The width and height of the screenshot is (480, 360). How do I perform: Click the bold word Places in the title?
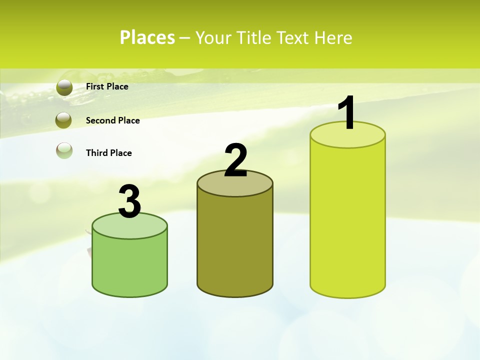147,37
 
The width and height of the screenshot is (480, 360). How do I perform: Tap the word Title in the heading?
253,38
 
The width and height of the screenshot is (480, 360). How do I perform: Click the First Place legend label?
107,86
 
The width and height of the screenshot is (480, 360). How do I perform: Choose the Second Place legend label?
112,120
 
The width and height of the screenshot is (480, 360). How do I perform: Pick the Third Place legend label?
108,153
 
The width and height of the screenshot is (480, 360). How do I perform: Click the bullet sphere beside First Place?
64,87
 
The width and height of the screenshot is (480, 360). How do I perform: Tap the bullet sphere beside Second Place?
64,120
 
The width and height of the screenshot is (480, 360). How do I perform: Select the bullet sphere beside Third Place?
64,150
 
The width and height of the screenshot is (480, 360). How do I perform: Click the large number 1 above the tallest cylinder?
347,113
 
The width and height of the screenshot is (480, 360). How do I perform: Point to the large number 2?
236,160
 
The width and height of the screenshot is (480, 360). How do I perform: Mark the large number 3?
130,201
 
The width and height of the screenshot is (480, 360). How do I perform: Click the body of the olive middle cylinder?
235,245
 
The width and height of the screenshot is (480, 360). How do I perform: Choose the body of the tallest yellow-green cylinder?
347,220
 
